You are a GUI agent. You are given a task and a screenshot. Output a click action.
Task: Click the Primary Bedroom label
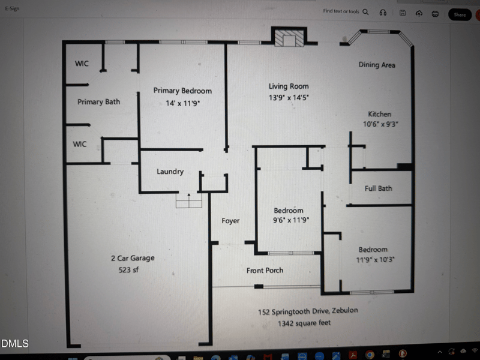pos(182,91)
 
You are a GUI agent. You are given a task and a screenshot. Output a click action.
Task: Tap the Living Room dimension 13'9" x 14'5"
pos(289,97)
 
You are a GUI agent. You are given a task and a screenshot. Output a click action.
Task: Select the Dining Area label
pos(377,65)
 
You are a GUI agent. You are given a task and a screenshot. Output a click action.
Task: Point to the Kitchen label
pos(379,114)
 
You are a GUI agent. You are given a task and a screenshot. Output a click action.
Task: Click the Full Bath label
pos(379,188)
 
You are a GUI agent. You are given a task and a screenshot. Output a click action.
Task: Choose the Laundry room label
pos(170,172)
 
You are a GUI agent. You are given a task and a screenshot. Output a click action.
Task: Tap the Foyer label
pos(230,221)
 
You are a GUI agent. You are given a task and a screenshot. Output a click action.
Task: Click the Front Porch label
pos(265,271)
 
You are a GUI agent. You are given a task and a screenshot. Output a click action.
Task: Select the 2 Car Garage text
pos(133,258)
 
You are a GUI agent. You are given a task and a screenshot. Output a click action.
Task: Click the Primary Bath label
pos(98,102)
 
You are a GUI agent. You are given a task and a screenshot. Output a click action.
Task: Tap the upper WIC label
pos(82,64)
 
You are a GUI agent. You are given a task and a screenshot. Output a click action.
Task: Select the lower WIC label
pos(80,144)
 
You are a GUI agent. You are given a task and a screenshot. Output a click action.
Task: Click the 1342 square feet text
pos(304,323)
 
